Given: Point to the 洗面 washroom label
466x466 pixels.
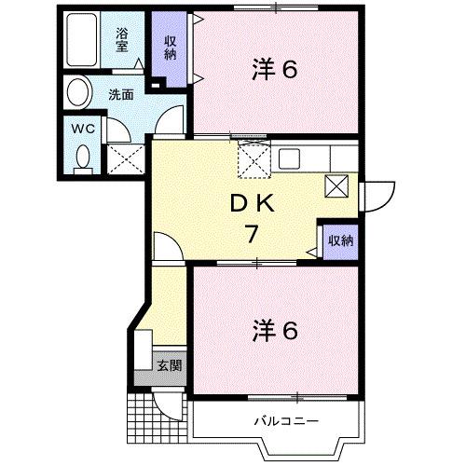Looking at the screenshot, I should click(x=119, y=94).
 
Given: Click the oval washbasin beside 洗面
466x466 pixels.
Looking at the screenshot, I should click(x=78, y=93).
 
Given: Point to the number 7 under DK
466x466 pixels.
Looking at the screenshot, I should click(x=251, y=234).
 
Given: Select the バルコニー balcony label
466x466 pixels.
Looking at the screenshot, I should click(x=284, y=422).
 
